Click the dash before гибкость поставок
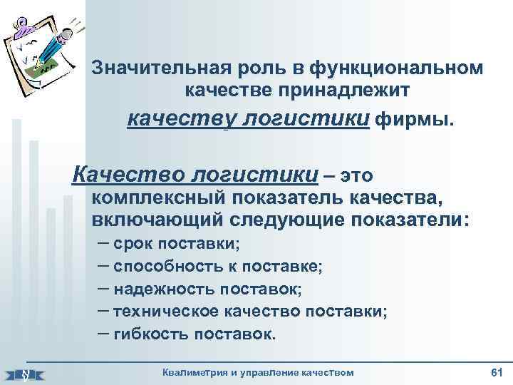pyautogui.click(x=101, y=332)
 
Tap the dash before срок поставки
pyautogui.click(x=101, y=244)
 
